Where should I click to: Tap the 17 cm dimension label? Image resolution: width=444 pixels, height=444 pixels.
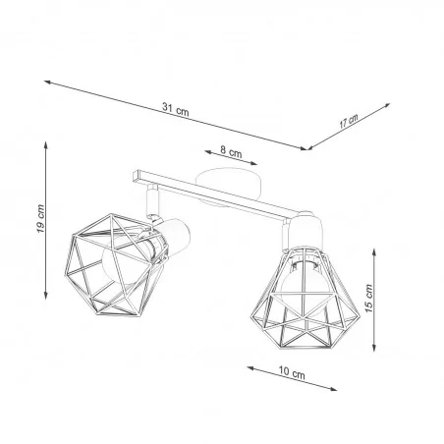tap(348, 122)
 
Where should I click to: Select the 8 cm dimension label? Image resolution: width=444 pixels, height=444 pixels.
tap(232, 152)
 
